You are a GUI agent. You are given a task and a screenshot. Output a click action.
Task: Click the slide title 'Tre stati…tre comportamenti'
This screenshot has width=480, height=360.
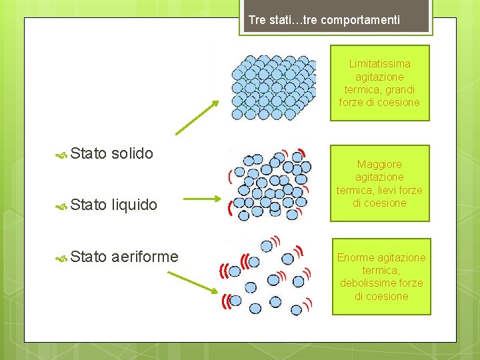(324, 20)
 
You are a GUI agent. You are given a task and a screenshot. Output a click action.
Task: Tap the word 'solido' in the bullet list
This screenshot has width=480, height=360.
(133, 153)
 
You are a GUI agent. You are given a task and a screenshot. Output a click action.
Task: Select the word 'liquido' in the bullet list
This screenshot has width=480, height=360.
(135, 204)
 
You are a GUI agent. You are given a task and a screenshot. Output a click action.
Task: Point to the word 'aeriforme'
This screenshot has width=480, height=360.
(145, 256)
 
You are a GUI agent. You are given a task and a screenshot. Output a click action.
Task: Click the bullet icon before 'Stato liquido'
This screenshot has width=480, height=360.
(61, 205)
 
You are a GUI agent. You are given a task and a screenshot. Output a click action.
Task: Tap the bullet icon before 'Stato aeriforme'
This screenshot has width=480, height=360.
(61, 257)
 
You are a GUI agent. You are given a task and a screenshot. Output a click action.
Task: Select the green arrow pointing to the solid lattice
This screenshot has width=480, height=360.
(197, 117)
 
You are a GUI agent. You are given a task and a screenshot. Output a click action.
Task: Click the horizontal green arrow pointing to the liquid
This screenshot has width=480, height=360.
(201, 199)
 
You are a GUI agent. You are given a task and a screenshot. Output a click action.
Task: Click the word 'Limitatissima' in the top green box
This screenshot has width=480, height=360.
(379, 64)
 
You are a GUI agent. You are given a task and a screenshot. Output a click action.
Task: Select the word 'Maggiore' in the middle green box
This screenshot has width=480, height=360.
(379, 164)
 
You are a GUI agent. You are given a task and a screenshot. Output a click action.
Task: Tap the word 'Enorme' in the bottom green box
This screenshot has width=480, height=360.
(355, 257)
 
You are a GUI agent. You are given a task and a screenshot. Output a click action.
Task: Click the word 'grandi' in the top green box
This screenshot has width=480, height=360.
(400, 89)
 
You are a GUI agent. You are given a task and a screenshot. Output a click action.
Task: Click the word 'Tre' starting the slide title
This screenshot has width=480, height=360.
(257, 20)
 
